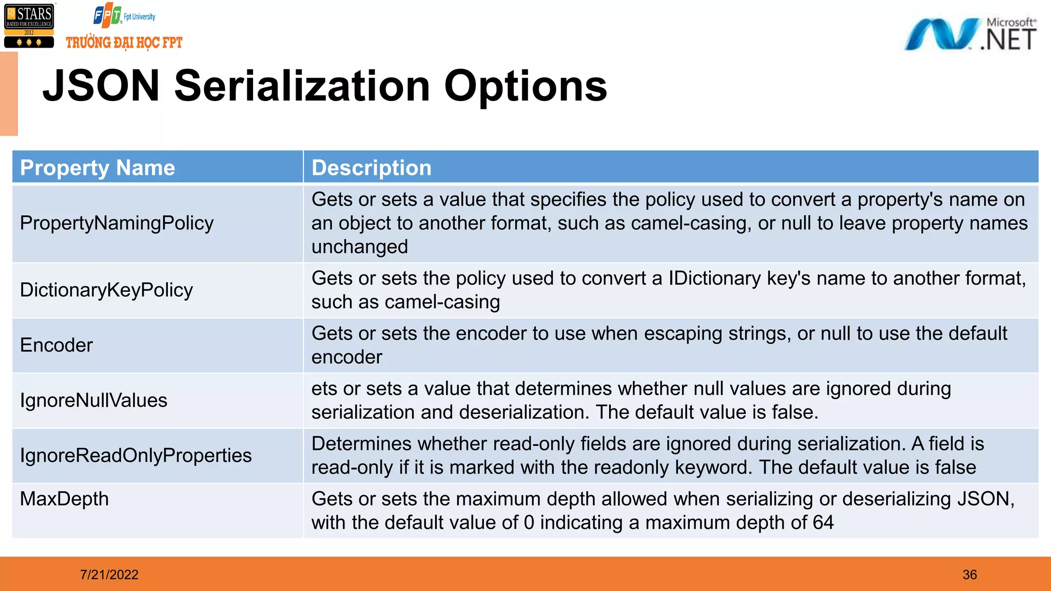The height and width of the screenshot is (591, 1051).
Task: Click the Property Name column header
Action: coord(98,168)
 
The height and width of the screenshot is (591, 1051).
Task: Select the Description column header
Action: coord(372,168)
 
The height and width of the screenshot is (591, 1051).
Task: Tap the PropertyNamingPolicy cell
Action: coord(116,223)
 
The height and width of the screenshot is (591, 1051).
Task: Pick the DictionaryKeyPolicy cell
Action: coord(106,290)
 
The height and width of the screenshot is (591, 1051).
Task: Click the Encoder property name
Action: coord(56,345)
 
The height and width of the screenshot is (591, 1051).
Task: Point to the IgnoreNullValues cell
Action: coord(93,400)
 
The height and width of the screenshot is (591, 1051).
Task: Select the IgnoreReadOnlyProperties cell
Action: coord(135,456)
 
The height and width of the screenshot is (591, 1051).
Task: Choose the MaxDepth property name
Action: coord(64,499)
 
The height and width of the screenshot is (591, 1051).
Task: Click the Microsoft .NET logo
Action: coord(970,34)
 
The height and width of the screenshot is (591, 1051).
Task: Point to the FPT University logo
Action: coord(124,16)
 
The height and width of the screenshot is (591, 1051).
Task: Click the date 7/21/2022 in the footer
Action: coord(109,575)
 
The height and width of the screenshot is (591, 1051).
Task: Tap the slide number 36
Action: coord(969,575)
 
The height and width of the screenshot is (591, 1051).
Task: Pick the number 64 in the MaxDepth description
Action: coord(823,522)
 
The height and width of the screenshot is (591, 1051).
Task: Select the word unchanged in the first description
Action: coord(359,247)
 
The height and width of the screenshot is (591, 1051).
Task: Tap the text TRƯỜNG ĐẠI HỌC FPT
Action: coord(124,43)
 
